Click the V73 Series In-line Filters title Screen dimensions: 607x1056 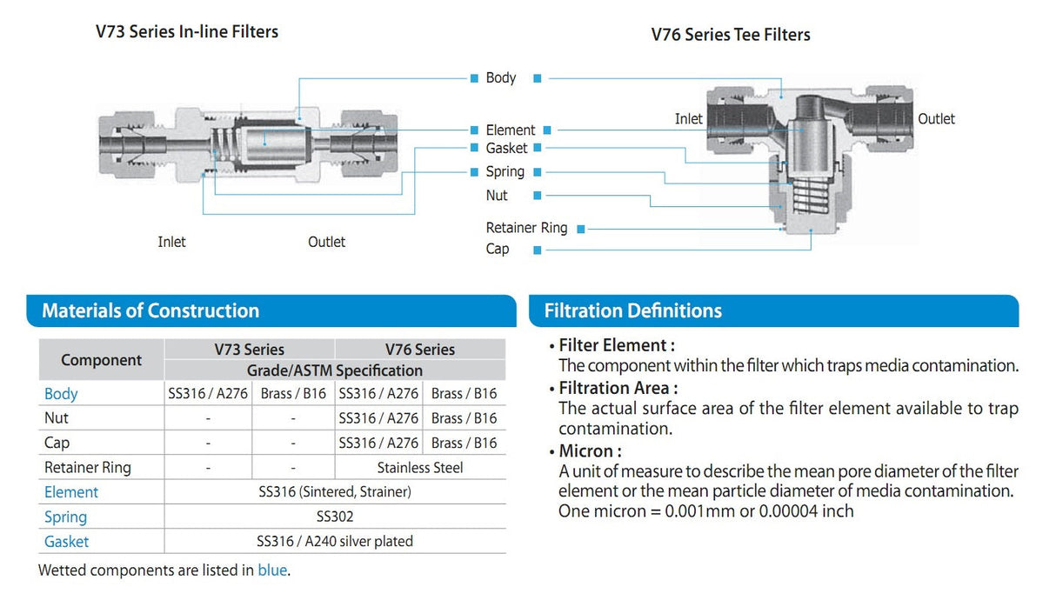click(187, 32)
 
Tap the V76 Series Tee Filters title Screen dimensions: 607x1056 click(731, 35)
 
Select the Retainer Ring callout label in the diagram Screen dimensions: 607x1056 click(526, 228)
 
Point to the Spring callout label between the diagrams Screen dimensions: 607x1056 click(505, 172)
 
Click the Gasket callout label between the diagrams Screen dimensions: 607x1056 click(506, 149)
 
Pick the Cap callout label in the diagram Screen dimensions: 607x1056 click(498, 250)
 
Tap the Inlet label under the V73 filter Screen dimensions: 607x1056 click(171, 242)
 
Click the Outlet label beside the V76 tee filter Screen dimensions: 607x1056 click(936, 119)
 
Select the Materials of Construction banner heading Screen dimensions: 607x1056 click(150, 310)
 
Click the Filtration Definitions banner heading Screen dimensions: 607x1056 click(633, 310)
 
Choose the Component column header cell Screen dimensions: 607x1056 click(101, 360)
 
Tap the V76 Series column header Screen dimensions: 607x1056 click(420, 350)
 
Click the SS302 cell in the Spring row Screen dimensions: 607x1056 click(335, 517)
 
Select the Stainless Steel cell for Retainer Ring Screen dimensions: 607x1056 click(420, 468)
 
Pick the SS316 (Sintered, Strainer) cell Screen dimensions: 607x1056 click(335, 492)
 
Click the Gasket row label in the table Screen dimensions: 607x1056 click(67, 542)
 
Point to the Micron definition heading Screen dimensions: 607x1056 click(590, 451)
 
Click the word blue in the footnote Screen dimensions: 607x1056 click(272, 570)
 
